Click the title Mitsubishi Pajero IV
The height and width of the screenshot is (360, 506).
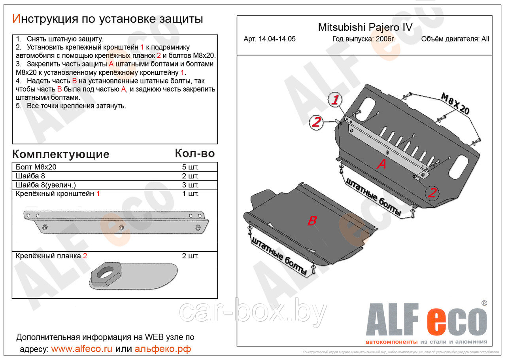[365, 27]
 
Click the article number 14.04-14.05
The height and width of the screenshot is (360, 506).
[269, 39]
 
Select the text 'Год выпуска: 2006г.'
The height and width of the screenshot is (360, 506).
[363, 39]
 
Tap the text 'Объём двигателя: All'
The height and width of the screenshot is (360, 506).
[455, 39]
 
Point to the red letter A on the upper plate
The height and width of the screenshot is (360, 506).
[381, 164]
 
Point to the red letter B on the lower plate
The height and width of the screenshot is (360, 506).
[312, 221]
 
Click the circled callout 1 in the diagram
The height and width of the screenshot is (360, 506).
[336, 100]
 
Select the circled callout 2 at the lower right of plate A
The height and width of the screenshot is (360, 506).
[432, 193]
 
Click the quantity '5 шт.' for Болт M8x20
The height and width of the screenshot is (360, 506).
[190, 167]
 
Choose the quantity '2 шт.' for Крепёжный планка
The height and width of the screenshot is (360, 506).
[190, 256]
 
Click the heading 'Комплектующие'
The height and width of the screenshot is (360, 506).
[60, 154]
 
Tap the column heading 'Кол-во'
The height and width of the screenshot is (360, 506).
[194, 153]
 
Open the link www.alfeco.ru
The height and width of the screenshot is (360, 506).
[81, 349]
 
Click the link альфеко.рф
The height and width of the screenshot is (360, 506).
[162, 349]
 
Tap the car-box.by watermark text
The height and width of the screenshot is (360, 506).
[253, 313]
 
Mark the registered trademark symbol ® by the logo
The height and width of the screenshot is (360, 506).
[484, 303]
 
